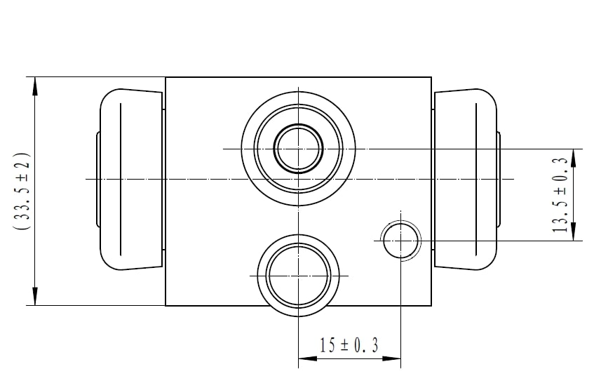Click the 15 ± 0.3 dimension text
(349, 345)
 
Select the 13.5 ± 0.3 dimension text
(561, 195)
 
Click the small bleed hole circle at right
(401, 241)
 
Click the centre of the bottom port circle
(299, 276)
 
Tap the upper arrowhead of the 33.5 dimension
(35, 86)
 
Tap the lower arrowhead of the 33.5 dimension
(35, 296)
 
